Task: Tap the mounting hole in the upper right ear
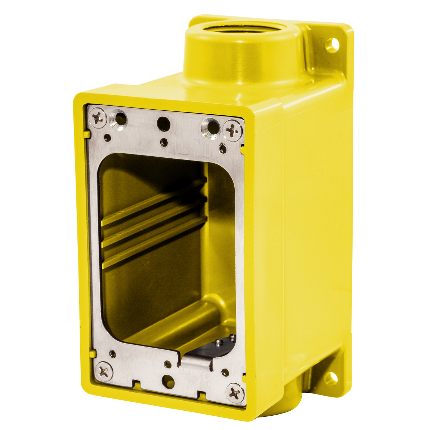pos(333,44)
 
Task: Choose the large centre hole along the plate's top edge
pos(163,124)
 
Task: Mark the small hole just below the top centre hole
pos(163,142)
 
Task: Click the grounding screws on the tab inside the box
pos(225,341)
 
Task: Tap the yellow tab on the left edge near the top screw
pos(86,134)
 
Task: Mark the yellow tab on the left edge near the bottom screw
pos(92,354)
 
